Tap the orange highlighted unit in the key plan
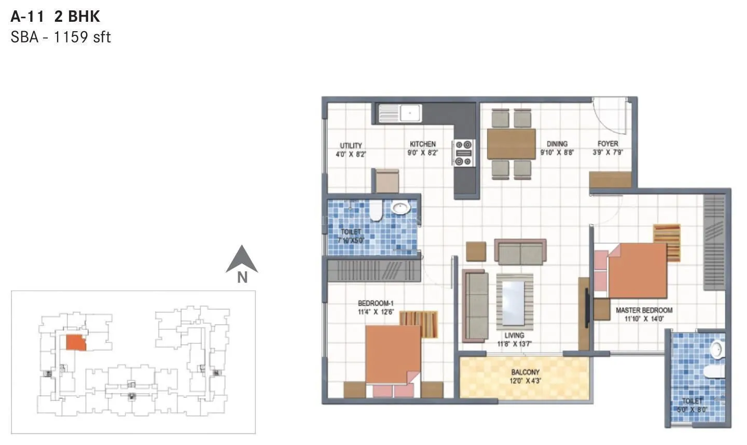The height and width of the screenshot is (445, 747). [x=76, y=343]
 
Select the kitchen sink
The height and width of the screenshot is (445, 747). [x=400, y=113]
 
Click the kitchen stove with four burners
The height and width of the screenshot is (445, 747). [x=464, y=153]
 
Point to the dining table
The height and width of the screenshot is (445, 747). [x=511, y=144]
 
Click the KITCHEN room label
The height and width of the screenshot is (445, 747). [x=423, y=144]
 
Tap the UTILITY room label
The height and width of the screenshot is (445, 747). [x=351, y=146]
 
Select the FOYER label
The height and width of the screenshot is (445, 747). [x=607, y=144]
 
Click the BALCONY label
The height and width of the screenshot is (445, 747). [x=525, y=372]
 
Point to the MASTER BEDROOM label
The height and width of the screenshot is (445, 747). [x=644, y=310]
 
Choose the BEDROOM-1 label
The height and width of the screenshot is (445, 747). [x=376, y=303]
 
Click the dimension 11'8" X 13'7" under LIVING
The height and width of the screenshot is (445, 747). [x=514, y=343]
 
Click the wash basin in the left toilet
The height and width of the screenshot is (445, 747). [x=400, y=208]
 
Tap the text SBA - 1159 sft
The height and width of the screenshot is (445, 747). [x=61, y=37]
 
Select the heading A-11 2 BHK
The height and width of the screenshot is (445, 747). [x=56, y=17]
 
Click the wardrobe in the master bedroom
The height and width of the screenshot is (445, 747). [x=714, y=242]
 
